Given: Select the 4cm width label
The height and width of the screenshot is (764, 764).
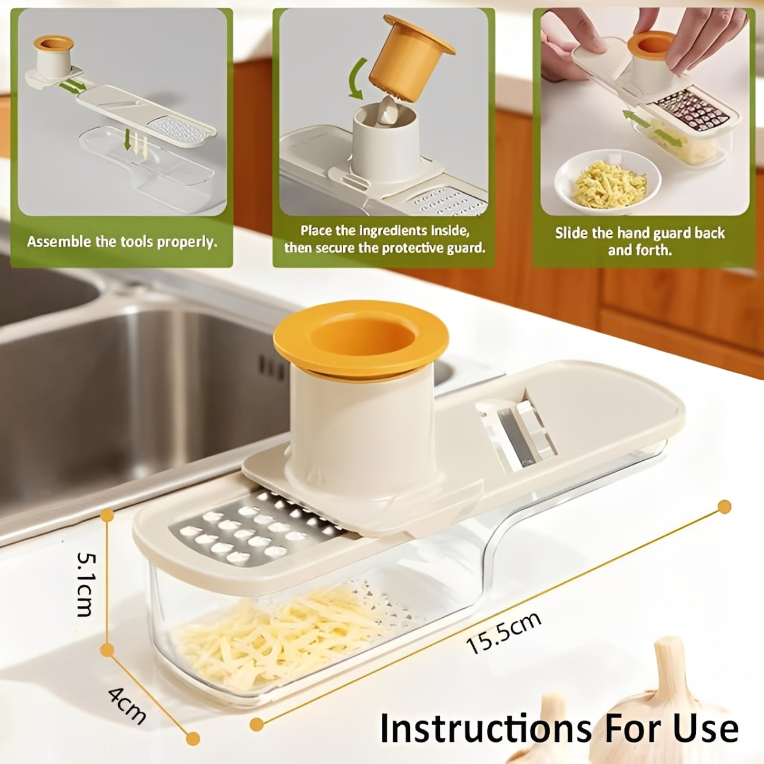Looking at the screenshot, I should tap(127, 704).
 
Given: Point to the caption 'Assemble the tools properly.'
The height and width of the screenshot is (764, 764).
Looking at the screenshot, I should tap(122, 242).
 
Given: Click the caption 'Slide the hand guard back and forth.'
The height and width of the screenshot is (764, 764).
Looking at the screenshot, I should tap(640, 241).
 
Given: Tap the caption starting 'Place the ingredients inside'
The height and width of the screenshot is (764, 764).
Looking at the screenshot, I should tap(384, 239).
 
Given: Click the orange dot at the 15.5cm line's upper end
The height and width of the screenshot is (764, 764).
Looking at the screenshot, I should tap(724, 507).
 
